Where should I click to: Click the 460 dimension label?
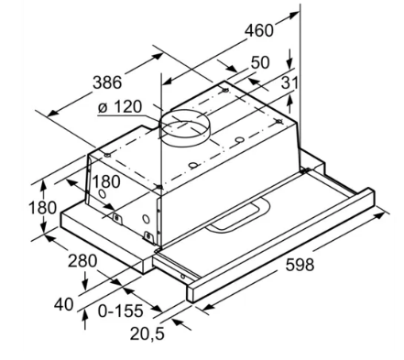click(x=259, y=30)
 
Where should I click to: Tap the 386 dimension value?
click(x=107, y=82)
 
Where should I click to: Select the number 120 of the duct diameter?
click(x=127, y=107)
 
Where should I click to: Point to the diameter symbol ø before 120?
click(x=104, y=107)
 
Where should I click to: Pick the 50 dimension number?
click(x=260, y=62)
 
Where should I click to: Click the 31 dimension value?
click(x=289, y=82)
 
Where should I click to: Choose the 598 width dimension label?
click(x=300, y=265)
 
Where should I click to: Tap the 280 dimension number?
click(x=82, y=261)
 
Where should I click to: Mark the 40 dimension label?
click(x=64, y=304)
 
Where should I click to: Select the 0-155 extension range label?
click(x=121, y=311)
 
